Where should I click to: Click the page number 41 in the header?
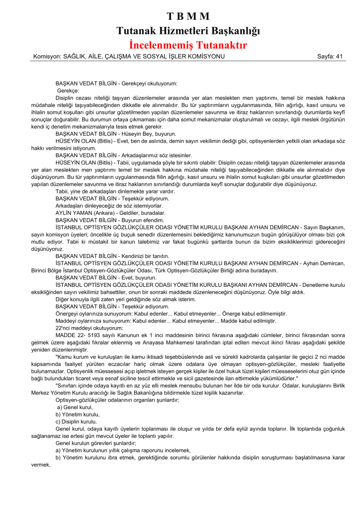339,56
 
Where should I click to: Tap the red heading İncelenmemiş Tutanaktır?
188,45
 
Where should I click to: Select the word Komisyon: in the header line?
48,56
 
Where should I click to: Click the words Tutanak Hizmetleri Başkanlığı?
188,31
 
